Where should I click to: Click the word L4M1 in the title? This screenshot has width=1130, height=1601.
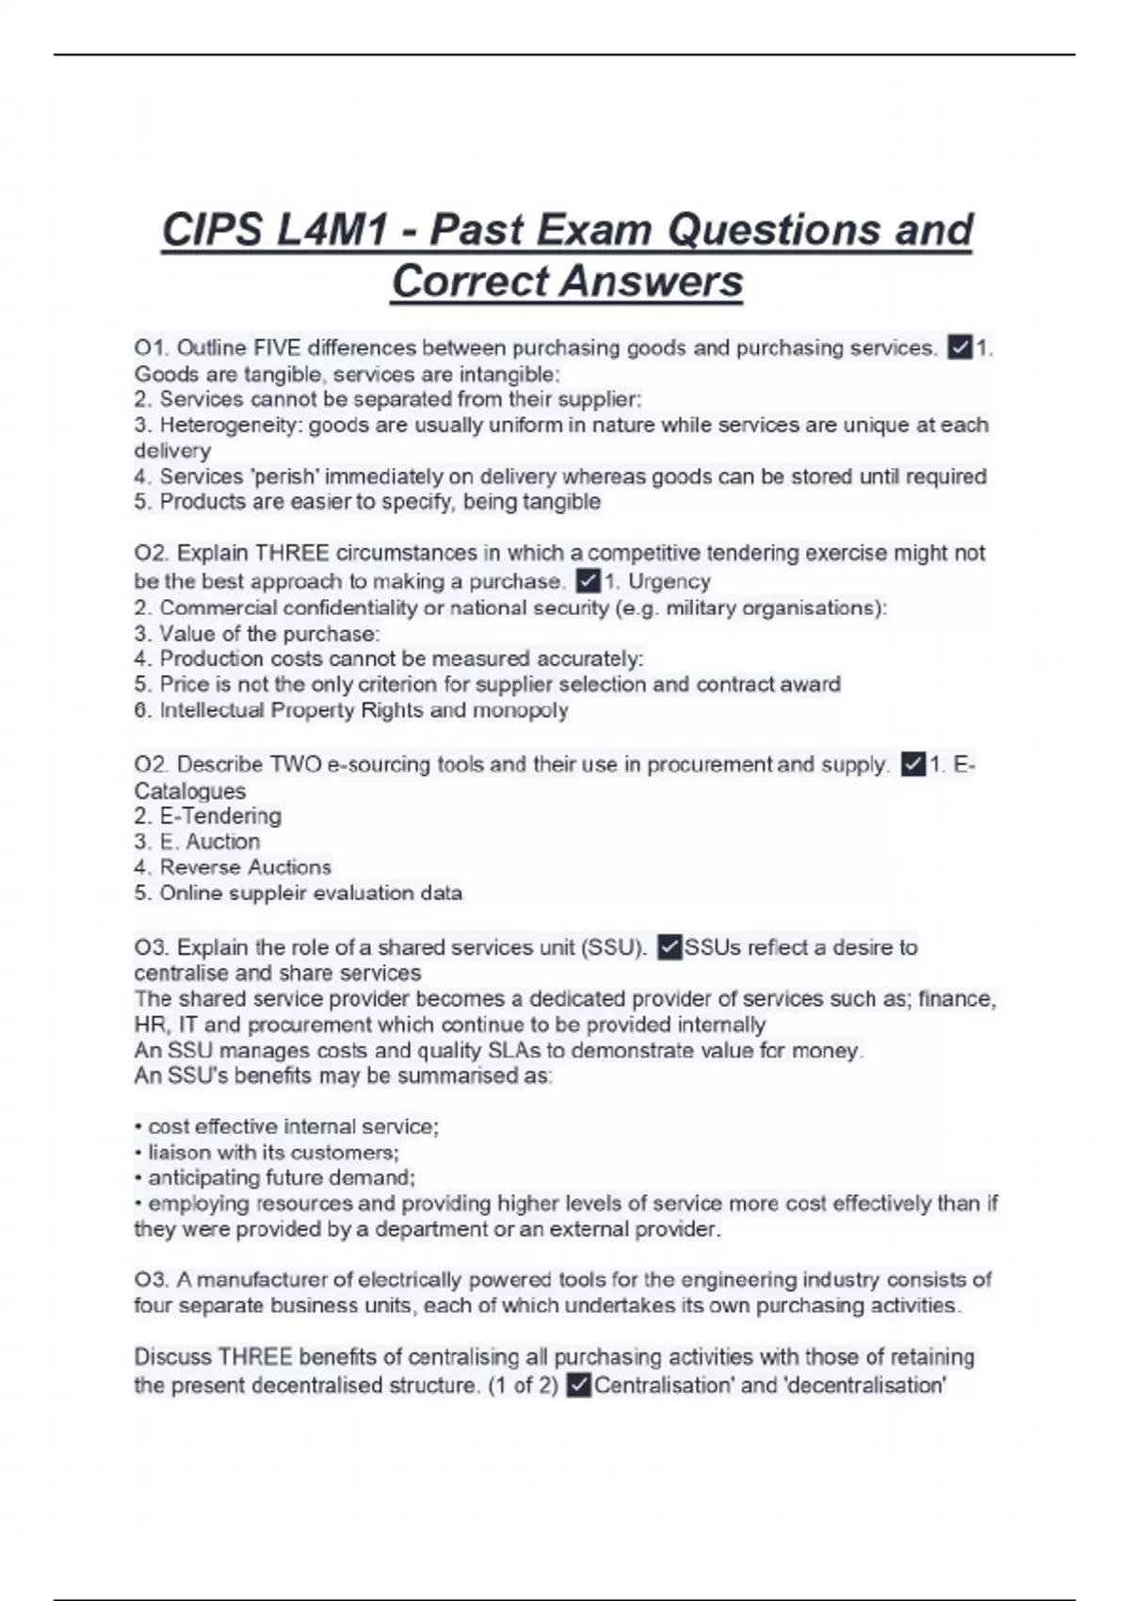[329, 231]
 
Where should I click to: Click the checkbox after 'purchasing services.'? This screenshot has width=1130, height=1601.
[960, 348]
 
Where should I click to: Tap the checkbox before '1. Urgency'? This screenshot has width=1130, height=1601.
[589, 581]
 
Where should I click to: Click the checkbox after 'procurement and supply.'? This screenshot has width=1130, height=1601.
[912, 765]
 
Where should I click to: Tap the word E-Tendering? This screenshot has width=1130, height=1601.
[220, 816]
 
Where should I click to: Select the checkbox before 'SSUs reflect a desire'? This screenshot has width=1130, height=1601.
[670, 947]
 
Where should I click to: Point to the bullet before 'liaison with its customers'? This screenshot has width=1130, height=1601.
[139, 1153]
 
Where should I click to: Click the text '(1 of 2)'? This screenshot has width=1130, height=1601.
[524, 1385]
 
